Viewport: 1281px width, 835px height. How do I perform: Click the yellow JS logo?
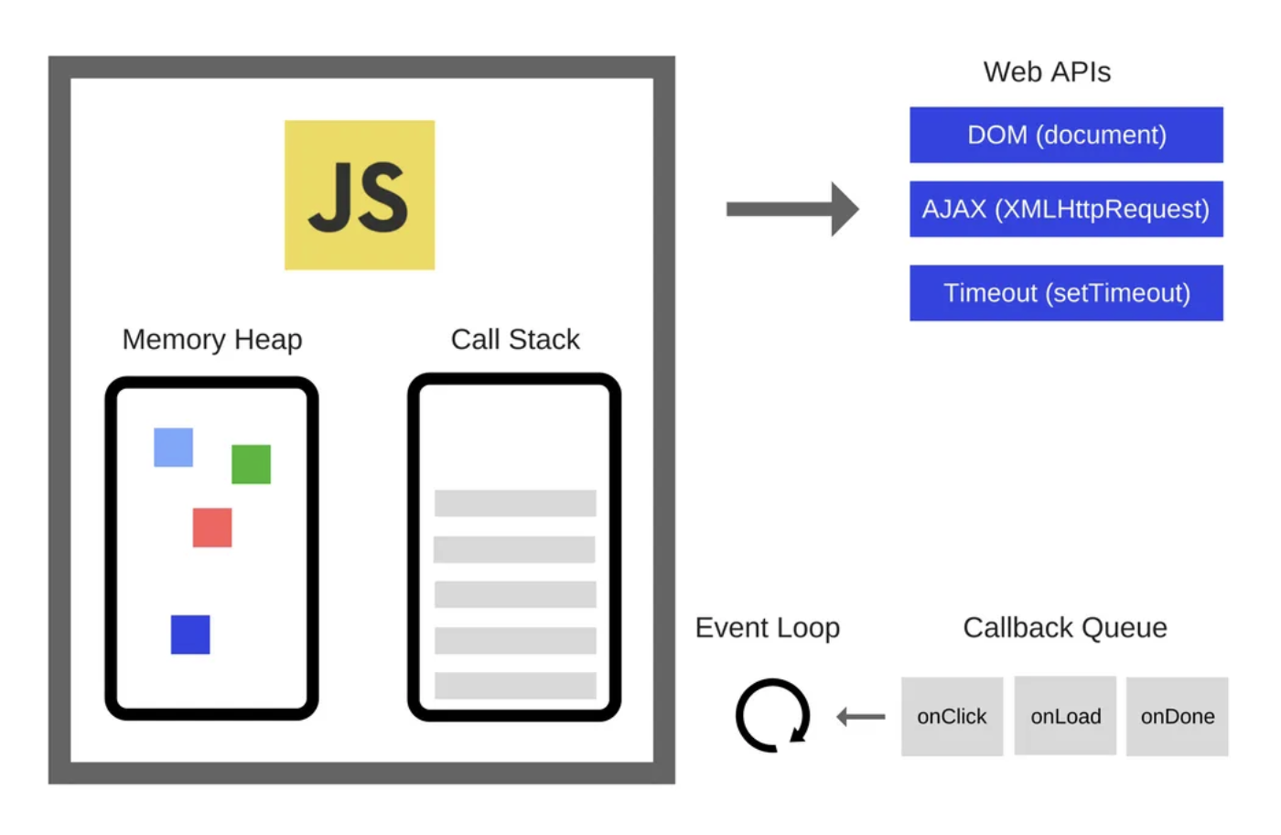coord(359,195)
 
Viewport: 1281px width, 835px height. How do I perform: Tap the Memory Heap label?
coord(212,340)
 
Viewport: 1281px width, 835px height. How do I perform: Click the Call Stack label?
coord(515,340)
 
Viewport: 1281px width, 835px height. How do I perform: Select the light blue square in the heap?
coord(173,448)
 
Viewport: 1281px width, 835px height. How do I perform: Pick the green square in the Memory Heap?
coord(251,464)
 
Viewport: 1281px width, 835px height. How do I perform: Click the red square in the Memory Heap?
coord(212,527)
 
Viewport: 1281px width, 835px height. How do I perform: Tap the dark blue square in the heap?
coord(190,634)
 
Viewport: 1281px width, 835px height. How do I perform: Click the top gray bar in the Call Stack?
coord(515,503)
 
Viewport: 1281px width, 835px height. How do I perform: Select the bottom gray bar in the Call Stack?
coord(515,685)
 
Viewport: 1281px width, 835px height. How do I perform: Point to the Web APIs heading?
coord(1047,72)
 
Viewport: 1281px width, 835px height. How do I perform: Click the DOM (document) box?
coord(1066,135)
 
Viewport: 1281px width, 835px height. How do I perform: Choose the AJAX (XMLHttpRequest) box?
coord(1066,209)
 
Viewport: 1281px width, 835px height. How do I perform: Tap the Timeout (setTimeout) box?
coord(1066,293)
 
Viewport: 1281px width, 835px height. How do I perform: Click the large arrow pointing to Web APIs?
coord(792,209)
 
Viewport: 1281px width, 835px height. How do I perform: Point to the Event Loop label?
coord(767,628)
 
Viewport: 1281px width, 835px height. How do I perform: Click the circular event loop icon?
coord(772,715)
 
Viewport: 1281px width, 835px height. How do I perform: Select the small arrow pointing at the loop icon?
coord(861,716)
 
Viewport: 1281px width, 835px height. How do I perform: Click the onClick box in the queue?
coord(952,716)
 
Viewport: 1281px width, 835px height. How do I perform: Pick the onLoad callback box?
coord(1065,716)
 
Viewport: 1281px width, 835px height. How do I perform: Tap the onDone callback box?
coord(1177,716)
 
